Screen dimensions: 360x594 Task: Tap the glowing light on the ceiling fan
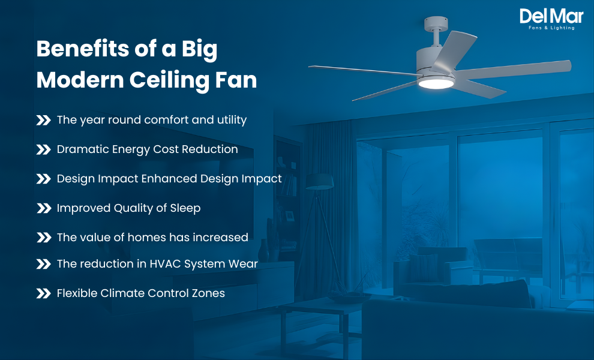tap(436, 84)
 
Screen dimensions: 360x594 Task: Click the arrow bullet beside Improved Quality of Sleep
tap(44, 208)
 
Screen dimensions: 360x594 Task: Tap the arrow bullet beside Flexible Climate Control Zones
tap(44, 293)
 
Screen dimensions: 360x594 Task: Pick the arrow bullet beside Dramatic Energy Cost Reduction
tap(44, 149)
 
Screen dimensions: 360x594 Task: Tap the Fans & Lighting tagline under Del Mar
tap(551, 28)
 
